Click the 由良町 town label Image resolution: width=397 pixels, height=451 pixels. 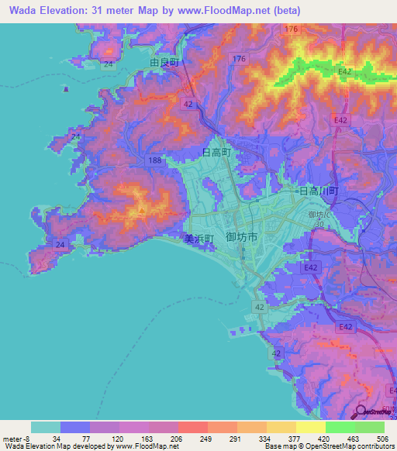(164, 63)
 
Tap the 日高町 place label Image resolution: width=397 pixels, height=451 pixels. (216, 153)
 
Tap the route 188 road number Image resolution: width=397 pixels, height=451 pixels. (155, 160)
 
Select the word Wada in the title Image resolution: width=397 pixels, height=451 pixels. (24, 9)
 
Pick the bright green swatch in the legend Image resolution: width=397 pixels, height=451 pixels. (340, 427)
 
